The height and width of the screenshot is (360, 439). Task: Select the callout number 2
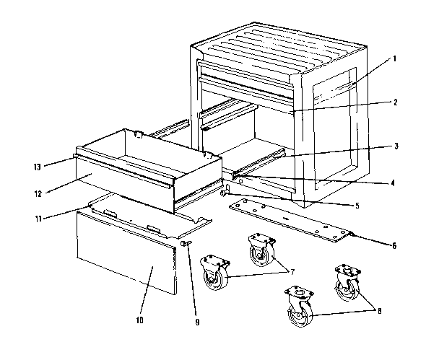click(x=395, y=102)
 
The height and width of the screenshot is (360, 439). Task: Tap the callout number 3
click(x=395, y=145)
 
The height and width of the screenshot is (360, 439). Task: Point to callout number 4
click(x=392, y=183)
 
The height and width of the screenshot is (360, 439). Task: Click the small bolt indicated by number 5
click(x=225, y=193)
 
